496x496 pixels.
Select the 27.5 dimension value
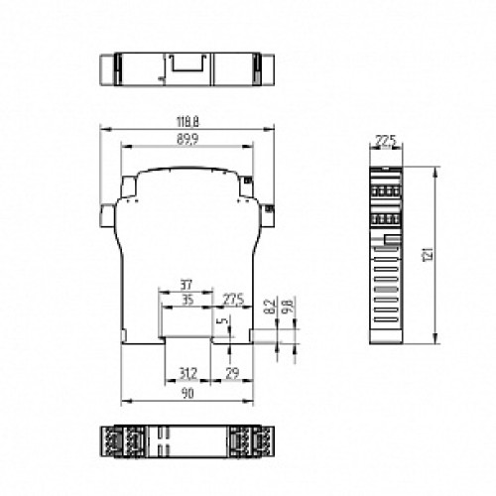pos(234,299)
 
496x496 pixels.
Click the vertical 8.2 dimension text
pos(269,307)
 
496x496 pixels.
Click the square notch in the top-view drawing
pos(186,66)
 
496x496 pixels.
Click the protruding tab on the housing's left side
pos(106,215)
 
